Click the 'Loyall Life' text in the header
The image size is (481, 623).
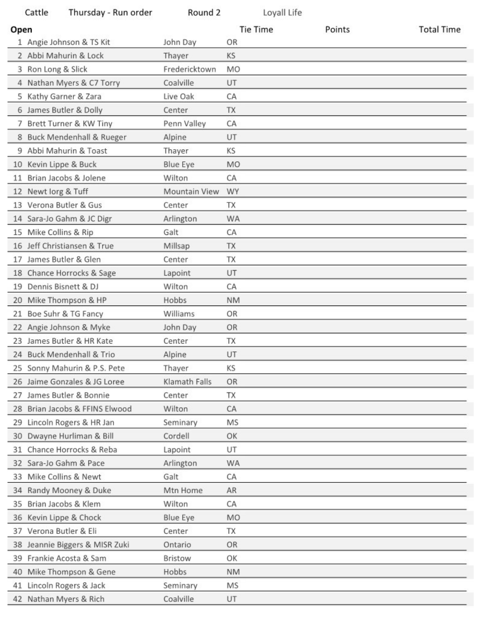(282, 13)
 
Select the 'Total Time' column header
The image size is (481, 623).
(439, 30)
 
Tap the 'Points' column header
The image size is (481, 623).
(337, 30)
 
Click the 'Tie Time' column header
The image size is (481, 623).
(256, 30)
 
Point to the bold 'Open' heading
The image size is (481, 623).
(21, 30)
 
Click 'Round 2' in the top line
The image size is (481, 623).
(204, 13)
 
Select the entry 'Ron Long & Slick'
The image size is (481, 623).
(57, 69)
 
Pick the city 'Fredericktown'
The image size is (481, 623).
(189, 69)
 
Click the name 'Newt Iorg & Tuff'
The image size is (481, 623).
(58, 191)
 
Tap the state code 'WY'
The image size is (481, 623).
(233, 191)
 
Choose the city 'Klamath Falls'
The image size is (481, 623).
(187, 382)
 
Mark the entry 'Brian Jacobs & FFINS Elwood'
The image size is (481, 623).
(79, 409)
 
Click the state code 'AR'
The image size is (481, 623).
(231, 490)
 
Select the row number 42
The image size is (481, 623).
(17, 599)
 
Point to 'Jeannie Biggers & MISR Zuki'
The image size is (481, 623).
(78, 545)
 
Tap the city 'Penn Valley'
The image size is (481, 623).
(184, 124)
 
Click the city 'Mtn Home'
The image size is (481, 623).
(183, 490)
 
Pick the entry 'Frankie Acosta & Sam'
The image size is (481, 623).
(67, 558)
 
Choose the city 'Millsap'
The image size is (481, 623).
(176, 246)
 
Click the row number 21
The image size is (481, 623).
(17, 314)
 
